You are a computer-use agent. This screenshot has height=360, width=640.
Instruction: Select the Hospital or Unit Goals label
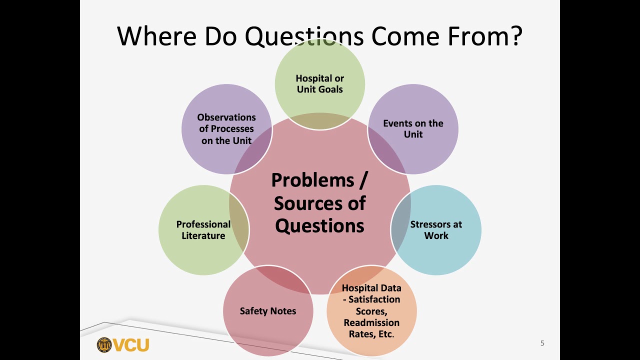click(319, 84)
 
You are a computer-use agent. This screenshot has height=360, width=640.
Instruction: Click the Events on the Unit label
click(413, 129)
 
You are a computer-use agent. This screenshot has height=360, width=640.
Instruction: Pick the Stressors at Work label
click(436, 230)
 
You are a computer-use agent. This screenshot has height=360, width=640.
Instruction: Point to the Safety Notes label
click(268, 311)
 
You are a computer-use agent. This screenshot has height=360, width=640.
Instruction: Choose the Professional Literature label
click(203, 230)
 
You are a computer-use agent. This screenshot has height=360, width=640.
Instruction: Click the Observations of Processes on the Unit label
click(226, 129)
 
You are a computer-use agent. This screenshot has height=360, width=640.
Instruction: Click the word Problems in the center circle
click(312, 180)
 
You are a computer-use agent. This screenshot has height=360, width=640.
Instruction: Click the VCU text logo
click(131, 345)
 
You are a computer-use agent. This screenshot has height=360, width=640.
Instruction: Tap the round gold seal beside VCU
click(104, 345)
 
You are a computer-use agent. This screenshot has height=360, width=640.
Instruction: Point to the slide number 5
click(542, 343)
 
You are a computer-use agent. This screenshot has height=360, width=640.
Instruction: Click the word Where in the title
click(156, 36)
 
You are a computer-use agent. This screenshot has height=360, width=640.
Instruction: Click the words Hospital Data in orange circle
click(371, 288)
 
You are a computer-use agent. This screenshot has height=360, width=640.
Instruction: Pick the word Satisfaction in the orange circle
click(374, 299)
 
